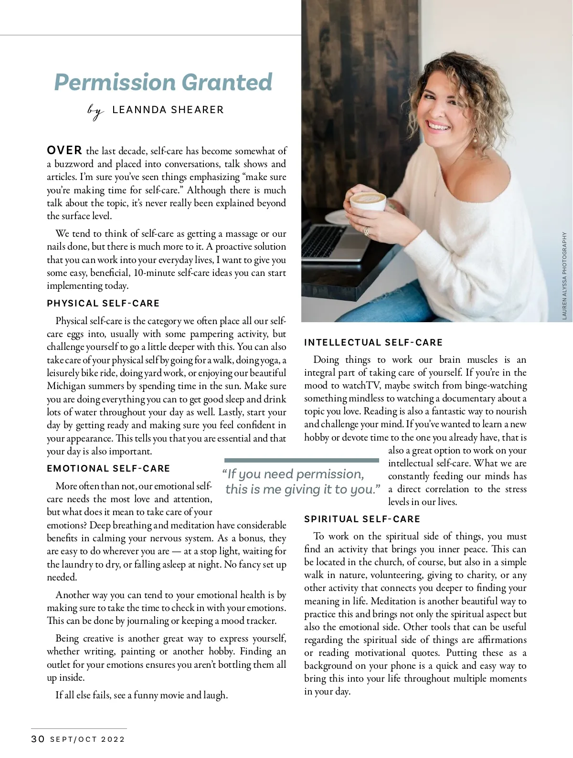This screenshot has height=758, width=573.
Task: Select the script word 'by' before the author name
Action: [95, 112]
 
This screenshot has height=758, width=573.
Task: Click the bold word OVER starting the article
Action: [64, 150]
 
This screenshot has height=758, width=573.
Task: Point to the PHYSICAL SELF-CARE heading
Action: [103, 303]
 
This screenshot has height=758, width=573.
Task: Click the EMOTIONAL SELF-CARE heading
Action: [108, 468]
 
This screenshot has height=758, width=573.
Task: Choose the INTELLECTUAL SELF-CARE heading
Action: [373, 342]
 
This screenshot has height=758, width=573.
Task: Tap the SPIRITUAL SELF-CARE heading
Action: [362, 519]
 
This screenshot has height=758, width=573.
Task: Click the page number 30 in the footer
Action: [38, 739]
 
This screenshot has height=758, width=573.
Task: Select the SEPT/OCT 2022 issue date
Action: [87, 739]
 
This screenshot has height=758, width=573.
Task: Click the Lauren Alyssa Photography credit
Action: [564, 275]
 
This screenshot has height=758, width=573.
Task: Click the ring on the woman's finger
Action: [367, 231]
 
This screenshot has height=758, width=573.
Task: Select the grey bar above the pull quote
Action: [301, 460]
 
